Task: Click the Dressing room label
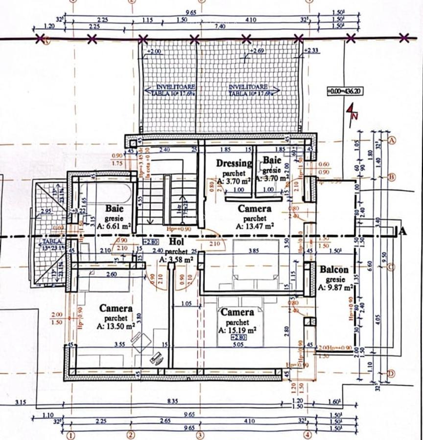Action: click(x=234, y=163)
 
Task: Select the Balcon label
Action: click(x=334, y=270)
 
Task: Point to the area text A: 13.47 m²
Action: click(x=254, y=226)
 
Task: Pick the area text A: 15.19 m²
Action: click(x=237, y=330)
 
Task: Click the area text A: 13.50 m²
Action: click(x=116, y=326)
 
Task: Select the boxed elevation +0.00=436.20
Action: click(x=345, y=91)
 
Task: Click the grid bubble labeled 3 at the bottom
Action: click(x=199, y=434)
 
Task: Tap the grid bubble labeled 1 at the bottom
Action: click(x=71, y=434)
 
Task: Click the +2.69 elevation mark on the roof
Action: click(x=258, y=50)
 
